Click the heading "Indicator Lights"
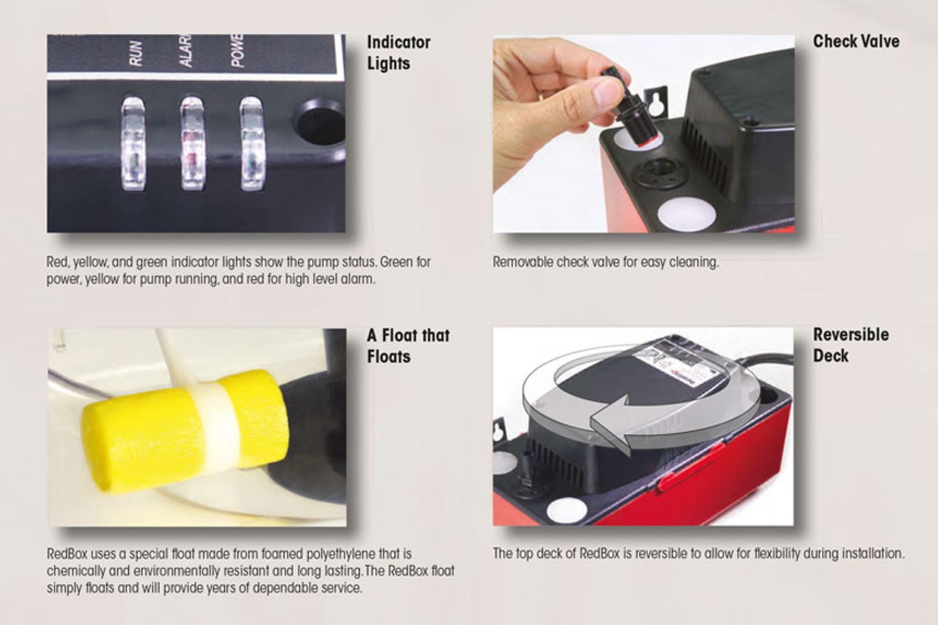coord(399,52)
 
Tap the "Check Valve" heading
coord(856,41)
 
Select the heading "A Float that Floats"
coord(408,346)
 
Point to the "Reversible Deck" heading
coord(851,345)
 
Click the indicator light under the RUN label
coord(133,143)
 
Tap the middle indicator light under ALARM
coord(192,143)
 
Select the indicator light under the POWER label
coord(251,143)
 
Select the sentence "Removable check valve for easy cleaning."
coord(605,262)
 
